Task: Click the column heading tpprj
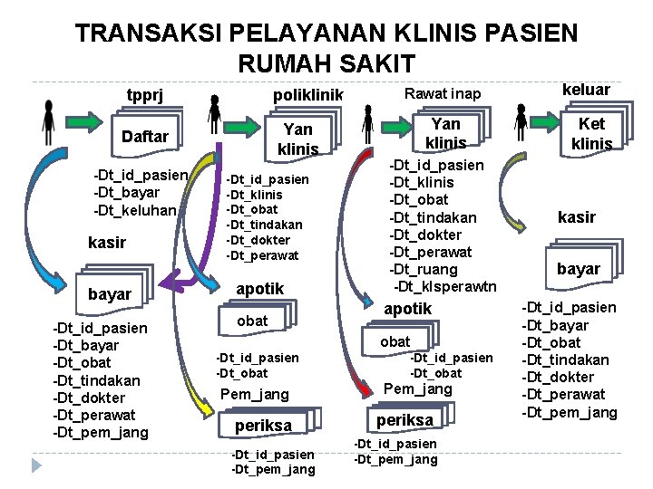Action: pyautogui.click(x=144, y=96)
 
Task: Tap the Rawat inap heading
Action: pyautogui.click(x=443, y=94)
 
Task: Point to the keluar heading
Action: pyautogui.click(x=586, y=89)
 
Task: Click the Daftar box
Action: pyautogui.click(x=145, y=136)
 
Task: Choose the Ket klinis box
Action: pyautogui.click(x=591, y=133)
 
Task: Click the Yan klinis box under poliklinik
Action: pyautogui.click(x=298, y=139)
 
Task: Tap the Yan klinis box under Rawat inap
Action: pyautogui.click(x=445, y=132)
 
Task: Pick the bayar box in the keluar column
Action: pyautogui.click(x=579, y=268)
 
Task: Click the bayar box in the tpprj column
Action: pyautogui.click(x=110, y=294)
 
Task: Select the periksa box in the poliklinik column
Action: pyautogui.click(x=264, y=426)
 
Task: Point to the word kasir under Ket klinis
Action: pyautogui.click(x=576, y=217)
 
